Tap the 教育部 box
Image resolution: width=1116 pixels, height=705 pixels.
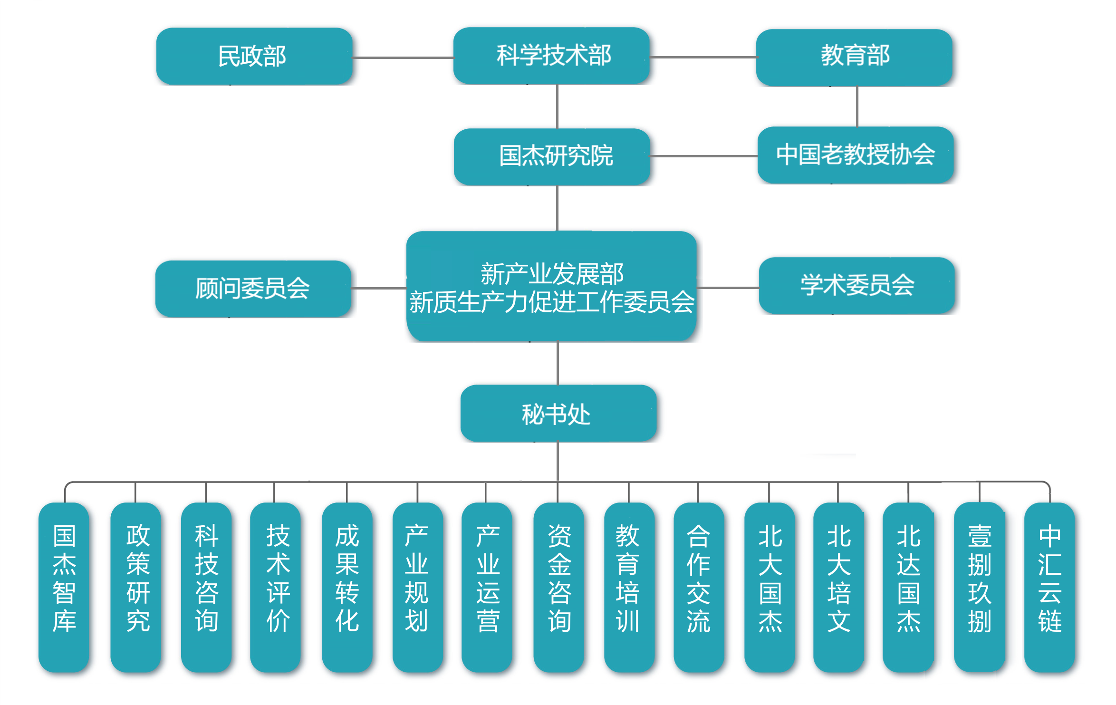tap(854, 57)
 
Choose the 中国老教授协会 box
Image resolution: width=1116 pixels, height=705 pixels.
tap(855, 155)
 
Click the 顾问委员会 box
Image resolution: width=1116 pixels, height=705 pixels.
tap(253, 289)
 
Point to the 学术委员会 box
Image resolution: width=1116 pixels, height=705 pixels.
tap(856, 285)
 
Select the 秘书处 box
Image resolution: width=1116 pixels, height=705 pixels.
tap(558, 413)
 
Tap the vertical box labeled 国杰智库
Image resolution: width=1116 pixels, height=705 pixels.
tap(64, 587)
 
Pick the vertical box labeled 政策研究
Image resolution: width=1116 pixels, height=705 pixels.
tap(136, 587)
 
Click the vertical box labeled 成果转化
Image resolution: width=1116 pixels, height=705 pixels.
tap(347, 587)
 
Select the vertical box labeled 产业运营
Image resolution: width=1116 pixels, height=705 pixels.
tap(487, 587)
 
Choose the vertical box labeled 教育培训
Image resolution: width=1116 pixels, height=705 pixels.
tap(629, 587)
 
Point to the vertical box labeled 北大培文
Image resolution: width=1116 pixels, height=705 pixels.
tap(838, 587)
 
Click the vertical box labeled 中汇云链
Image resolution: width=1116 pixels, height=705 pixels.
tap(1049, 587)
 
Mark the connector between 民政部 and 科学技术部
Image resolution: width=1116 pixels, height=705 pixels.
tap(403, 58)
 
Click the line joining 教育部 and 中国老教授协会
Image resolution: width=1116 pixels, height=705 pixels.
tap(857, 106)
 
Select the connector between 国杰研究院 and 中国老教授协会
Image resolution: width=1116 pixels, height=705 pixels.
tap(703, 156)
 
